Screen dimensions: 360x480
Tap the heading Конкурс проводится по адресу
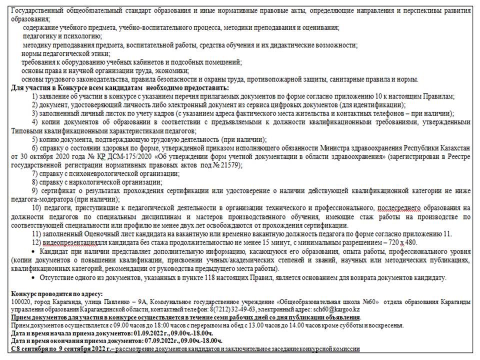[x=56, y=293]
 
